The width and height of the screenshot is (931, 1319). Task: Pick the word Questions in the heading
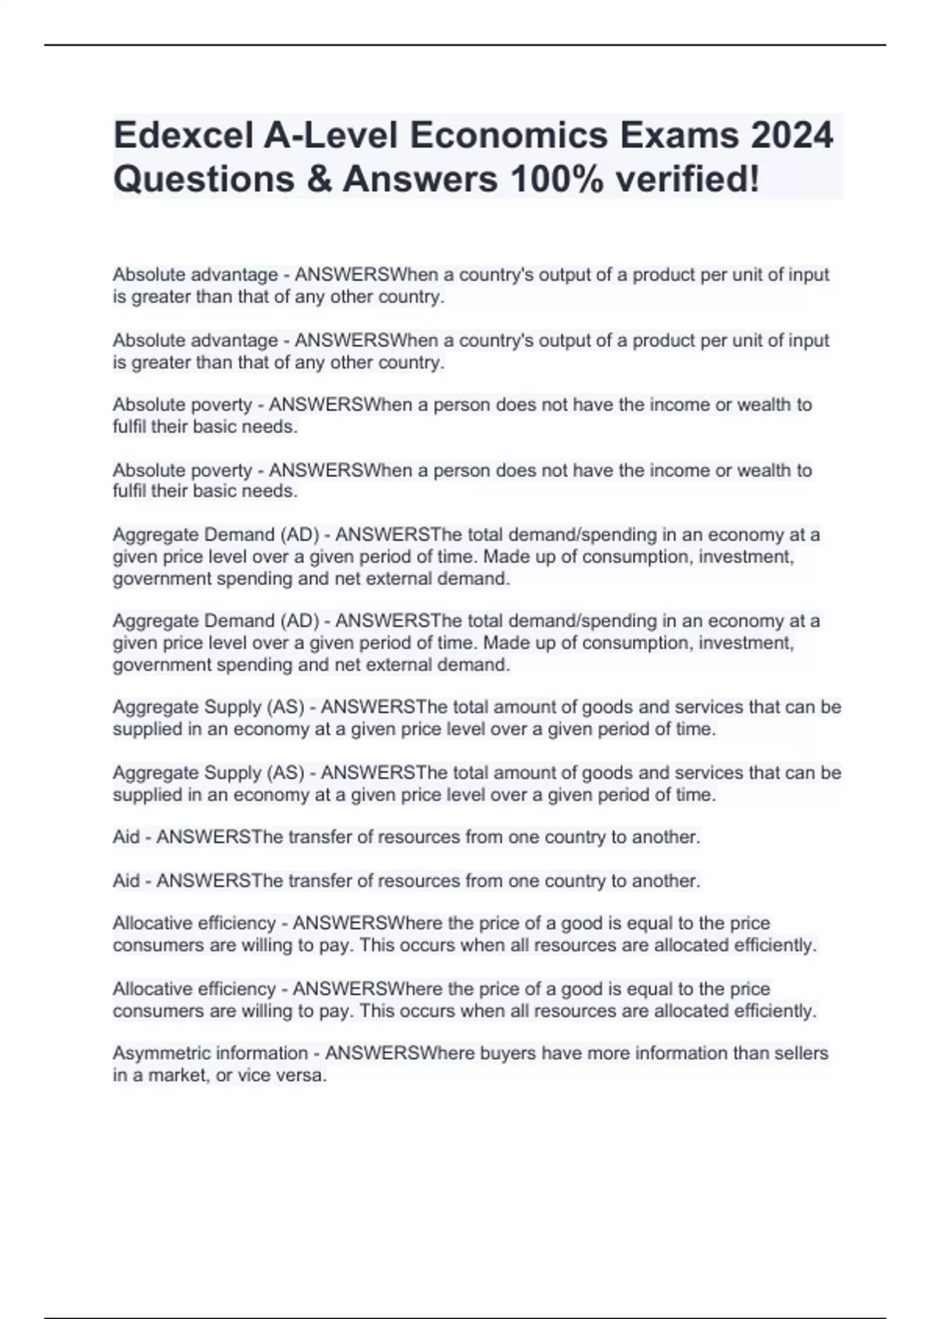[x=204, y=179]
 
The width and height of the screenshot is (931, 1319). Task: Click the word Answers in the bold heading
[x=420, y=179]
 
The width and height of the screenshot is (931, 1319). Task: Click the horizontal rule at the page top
[x=465, y=45]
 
